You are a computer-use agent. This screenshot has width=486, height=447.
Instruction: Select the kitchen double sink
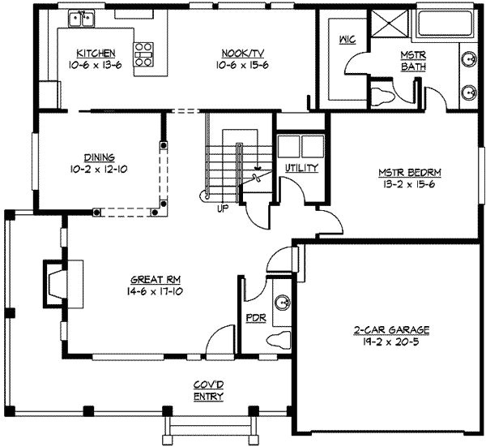coord(82,17)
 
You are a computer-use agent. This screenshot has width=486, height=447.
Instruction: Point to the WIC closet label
coord(347,41)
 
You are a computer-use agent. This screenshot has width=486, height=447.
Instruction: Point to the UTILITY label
coord(301,167)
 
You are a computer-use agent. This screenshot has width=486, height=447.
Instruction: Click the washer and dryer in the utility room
coord(301,147)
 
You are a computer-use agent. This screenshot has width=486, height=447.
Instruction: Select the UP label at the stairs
coord(221,208)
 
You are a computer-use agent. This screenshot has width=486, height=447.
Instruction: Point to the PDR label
coord(251,318)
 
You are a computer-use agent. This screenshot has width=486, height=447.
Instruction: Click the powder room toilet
coord(279,339)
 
